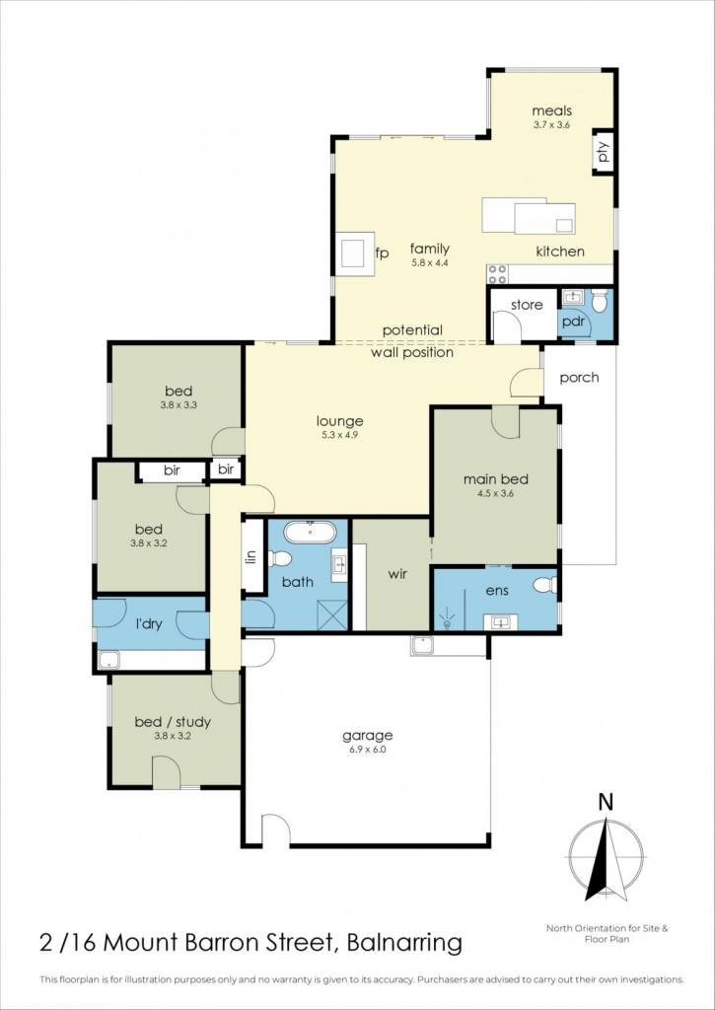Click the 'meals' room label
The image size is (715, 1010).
coord(551,110)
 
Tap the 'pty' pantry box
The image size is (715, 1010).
coord(604,151)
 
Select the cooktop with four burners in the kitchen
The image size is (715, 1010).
coord(497,274)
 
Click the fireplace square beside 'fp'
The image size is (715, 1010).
coord(355,253)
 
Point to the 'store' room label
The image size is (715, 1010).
coord(527,305)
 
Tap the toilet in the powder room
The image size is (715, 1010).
coord(599,300)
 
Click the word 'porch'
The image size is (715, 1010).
coord(579,378)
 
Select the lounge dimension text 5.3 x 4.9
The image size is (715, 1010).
coord(339,435)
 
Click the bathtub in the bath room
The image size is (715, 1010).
coord(310,532)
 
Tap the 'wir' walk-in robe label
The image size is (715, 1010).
coord(398,573)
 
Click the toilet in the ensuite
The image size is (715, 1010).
coord(544,585)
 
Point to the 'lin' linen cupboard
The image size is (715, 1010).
coord(252,555)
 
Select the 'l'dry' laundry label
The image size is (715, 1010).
coord(148,624)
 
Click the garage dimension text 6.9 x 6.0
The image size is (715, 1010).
coord(367,750)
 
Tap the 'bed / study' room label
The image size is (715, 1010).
coord(173,723)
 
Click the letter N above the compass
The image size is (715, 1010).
coord(606,803)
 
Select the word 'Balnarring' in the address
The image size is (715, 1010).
coord(404,944)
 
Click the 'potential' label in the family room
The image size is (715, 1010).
coord(412,330)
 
